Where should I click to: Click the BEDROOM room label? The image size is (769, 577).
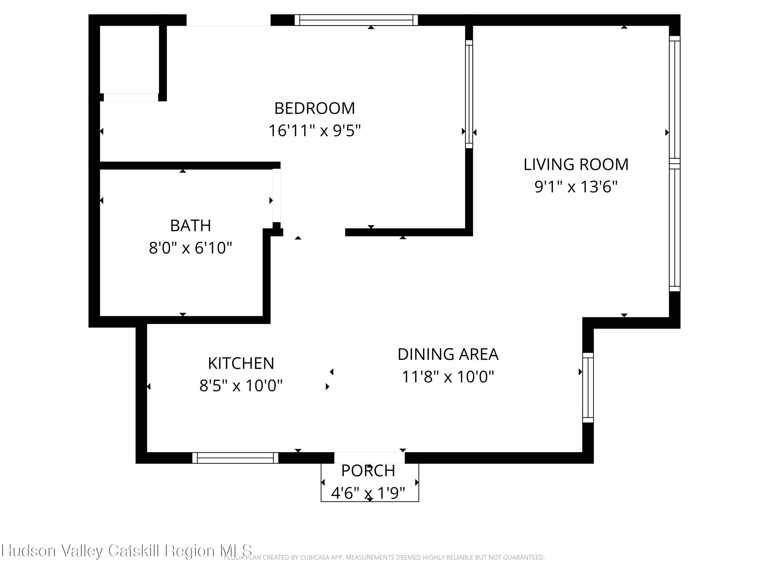click(314, 108)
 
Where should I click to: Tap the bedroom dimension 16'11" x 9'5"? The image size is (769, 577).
click(314, 131)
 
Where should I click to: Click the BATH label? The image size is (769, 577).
click(190, 226)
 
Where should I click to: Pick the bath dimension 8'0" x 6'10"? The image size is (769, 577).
click(190, 248)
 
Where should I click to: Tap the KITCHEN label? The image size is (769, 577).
click(241, 363)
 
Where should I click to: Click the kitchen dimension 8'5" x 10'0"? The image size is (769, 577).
click(241, 386)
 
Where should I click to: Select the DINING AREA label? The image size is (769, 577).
click(448, 354)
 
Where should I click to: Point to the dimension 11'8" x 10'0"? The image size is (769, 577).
click(448, 377)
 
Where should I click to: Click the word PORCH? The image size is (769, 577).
click(368, 471)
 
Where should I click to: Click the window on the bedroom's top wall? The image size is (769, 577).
click(356, 20)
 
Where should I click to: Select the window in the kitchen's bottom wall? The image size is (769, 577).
click(235, 458)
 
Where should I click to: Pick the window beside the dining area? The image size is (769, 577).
click(588, 387)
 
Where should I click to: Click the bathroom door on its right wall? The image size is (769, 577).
click(276, 195)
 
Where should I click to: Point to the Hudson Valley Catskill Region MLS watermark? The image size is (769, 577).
click(127, 551)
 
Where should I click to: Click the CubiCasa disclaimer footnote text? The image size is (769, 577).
click(384, 558)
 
